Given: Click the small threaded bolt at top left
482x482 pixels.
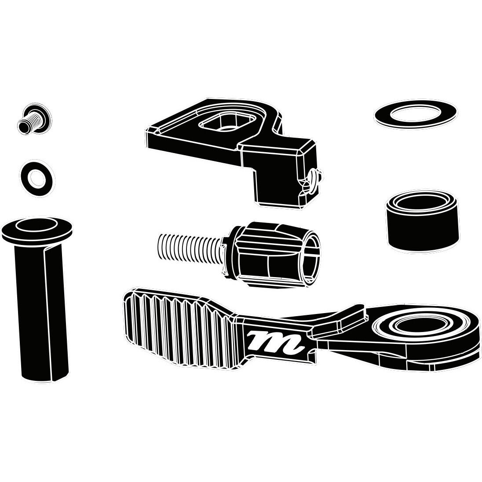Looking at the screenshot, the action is (x=34, y=119).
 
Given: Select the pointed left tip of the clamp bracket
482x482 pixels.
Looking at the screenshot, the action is (x=146, y=132).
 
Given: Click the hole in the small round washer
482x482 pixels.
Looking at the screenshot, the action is (x=37, y=178).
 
